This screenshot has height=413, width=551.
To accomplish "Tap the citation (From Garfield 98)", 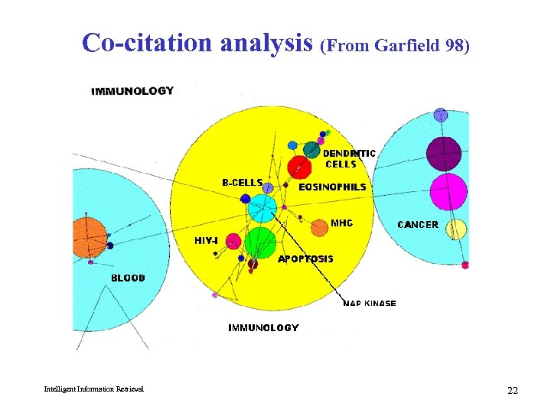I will (x=395, y=46).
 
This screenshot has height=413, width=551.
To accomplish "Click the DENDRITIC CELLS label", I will (x=350, y=158).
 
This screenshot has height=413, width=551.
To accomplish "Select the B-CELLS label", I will (x=242, y=183).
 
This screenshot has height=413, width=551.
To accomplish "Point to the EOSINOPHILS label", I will (x=332, y=187).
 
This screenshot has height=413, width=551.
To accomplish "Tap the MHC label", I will (x=341, y=223).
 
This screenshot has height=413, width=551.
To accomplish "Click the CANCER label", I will (x=418, y=225).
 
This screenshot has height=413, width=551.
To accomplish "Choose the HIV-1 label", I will (x=206, y=240).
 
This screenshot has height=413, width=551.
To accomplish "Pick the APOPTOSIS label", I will (x=305, y=259).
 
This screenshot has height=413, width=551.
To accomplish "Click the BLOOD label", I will (x=128, y=278).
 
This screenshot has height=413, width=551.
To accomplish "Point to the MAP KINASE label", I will (x=370, y=304).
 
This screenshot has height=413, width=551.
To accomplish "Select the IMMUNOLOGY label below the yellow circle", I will (x=263, y=327).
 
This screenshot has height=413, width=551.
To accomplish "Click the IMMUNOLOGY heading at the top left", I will (x=132, y=91).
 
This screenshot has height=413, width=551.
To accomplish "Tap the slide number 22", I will (x=512, y=391).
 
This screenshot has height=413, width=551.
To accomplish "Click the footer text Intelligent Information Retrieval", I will (x=94, y=390).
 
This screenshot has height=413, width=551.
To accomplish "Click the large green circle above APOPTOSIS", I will (x=261, y=241).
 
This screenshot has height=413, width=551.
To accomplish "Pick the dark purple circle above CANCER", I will (x=444, y=153).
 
